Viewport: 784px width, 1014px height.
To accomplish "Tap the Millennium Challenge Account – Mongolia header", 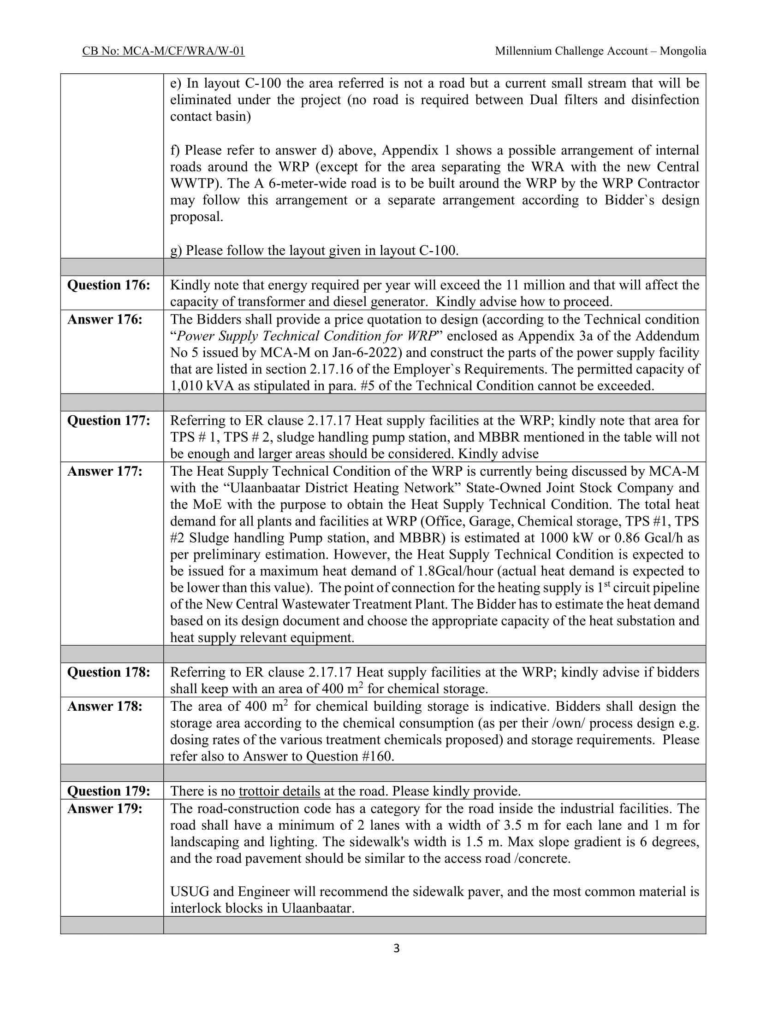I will point(600,51).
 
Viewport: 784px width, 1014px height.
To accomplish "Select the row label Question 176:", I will point(109,285).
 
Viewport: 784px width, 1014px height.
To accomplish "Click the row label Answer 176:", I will point(105,319).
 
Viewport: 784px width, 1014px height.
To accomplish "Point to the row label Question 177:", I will point(109,421).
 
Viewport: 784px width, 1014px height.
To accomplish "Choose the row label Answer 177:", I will point(105,471).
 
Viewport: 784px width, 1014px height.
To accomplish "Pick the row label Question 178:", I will point(109,672).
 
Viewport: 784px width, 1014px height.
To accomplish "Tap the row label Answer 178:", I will point(105,706).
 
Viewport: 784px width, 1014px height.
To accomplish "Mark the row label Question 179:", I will point(109,790).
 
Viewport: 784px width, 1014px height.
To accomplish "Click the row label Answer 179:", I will point(105,808).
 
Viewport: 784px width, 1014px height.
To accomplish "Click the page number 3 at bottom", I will point(396,949).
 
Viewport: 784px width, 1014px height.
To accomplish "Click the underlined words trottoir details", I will point(279,790).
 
